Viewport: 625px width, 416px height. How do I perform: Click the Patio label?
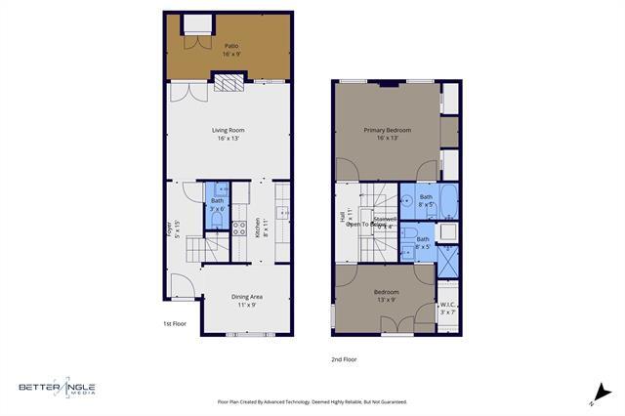point(231,49)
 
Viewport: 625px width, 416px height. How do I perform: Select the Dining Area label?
point(244,301)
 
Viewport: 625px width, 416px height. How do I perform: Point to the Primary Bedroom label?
point(387,134)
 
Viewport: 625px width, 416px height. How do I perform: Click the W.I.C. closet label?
point(448,308)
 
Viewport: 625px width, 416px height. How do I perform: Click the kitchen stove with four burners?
point(237,229)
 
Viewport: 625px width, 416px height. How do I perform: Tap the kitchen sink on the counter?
point(281,209)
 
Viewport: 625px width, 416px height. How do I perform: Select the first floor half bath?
point(217,205)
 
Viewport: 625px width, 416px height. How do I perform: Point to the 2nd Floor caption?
point(344,359)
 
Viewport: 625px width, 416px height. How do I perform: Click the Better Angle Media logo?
point(57,389)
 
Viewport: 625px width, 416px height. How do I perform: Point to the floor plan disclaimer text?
point(312,401)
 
